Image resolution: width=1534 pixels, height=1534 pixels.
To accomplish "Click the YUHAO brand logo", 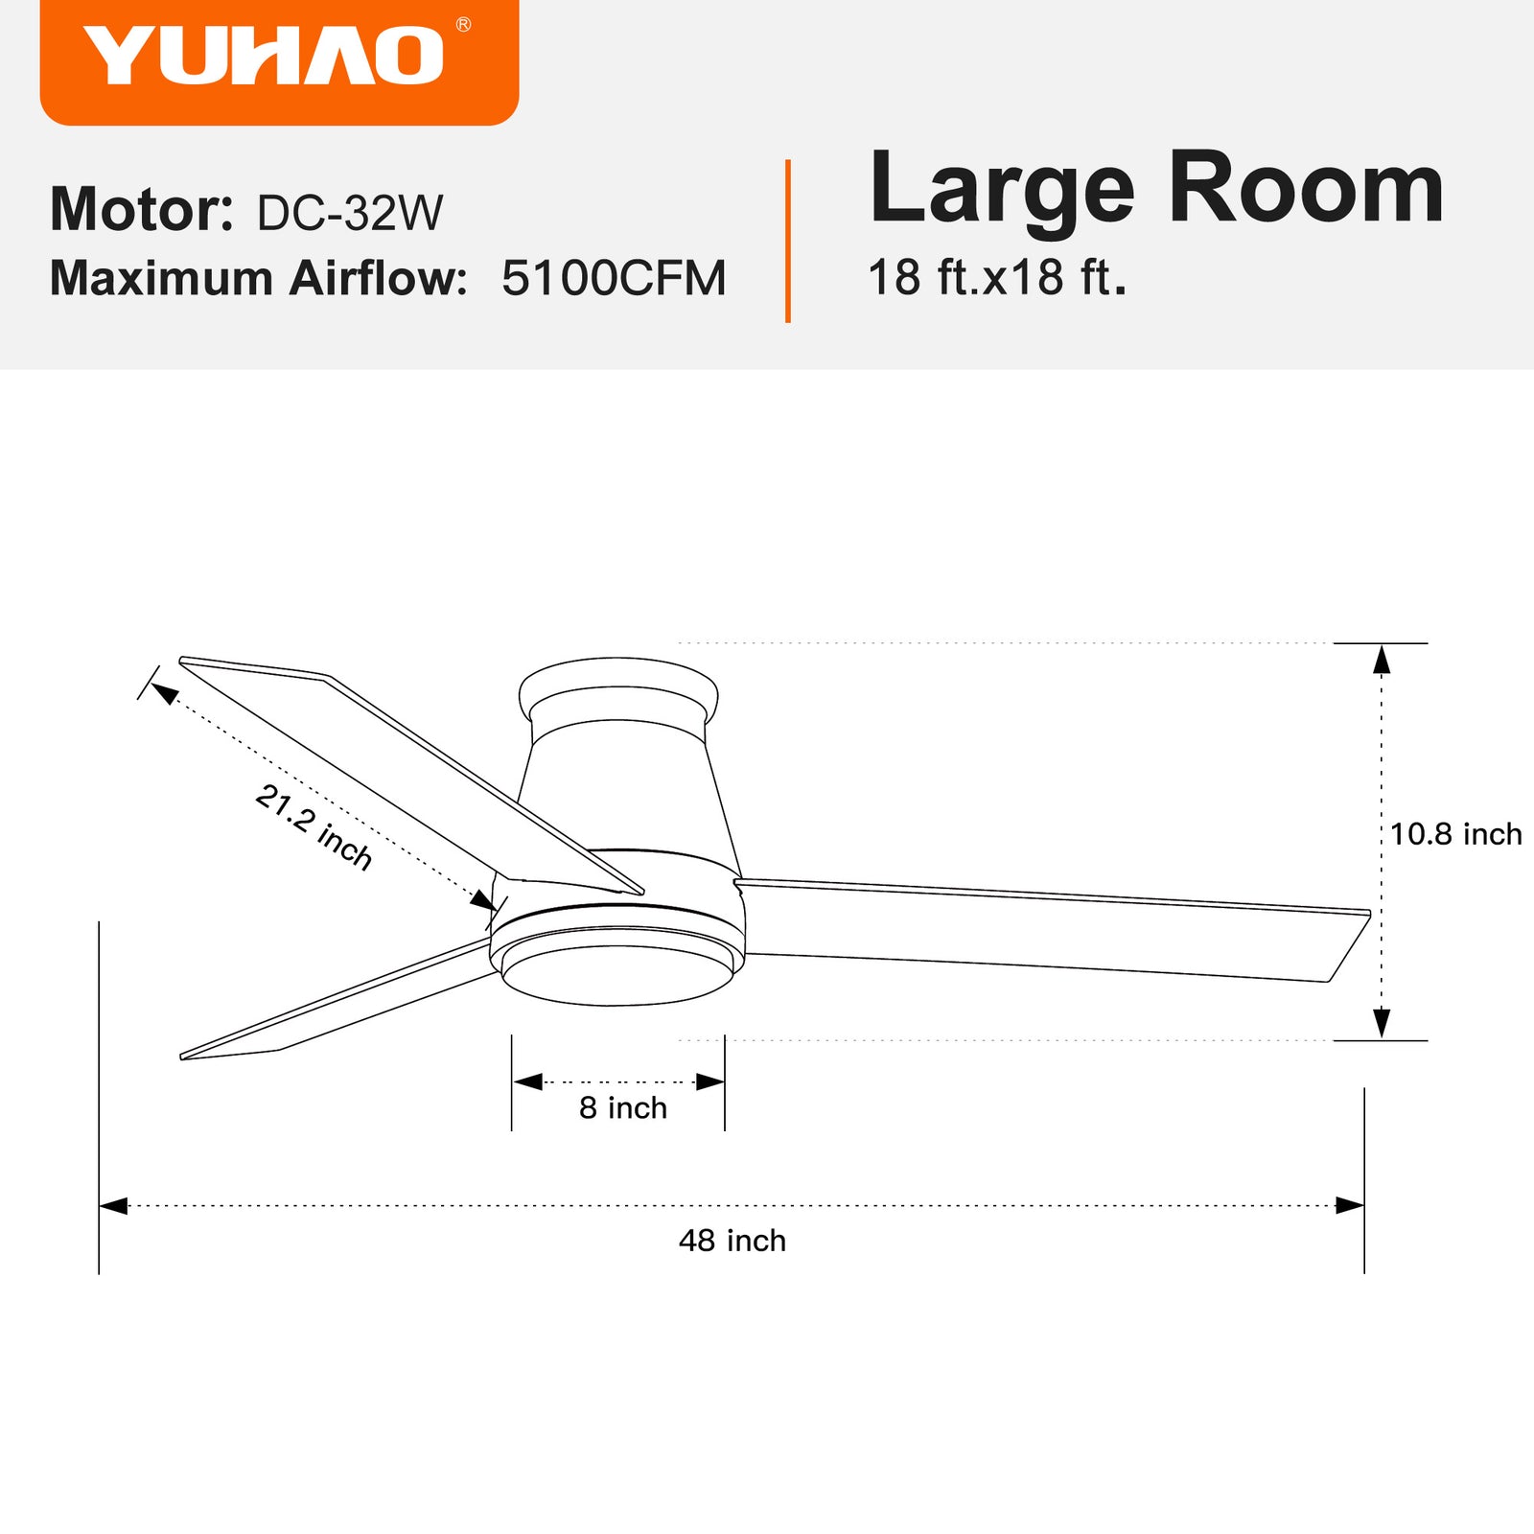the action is (x=264, y=56).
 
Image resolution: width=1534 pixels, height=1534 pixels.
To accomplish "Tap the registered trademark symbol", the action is (x=463, y=24).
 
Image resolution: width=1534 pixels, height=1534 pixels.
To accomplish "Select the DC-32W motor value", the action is (x=350, y=212).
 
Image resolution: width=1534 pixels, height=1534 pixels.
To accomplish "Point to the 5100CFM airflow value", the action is (x=614, y=278).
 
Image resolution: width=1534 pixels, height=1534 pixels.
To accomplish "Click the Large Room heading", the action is (x=1156, y=188).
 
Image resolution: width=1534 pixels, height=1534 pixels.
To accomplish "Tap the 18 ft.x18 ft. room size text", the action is (x=997, y=277).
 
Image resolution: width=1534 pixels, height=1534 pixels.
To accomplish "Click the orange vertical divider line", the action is (x=788, y=241).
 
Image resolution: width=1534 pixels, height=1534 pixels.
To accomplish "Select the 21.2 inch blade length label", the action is (x=314, y=826).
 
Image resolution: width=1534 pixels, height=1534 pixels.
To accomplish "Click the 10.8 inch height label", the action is (x=1455, y=834).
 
